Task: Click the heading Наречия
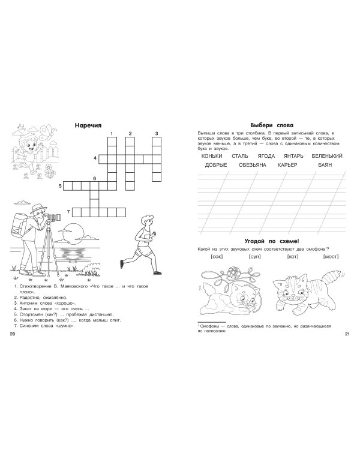point(88,125)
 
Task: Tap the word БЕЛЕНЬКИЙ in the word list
point(327,156)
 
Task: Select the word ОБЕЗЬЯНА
point(253,165)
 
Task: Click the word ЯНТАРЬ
point(293,156)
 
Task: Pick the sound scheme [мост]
point(331,257)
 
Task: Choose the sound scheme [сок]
point(217,257)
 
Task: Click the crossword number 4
point(95,158)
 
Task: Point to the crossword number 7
point(68,212)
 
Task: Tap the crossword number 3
point(157,133)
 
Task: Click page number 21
point(347,334)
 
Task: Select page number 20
point(13,334)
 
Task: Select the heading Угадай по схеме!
point(272,241)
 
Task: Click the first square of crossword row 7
point(76,212)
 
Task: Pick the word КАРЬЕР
point(287,165)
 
